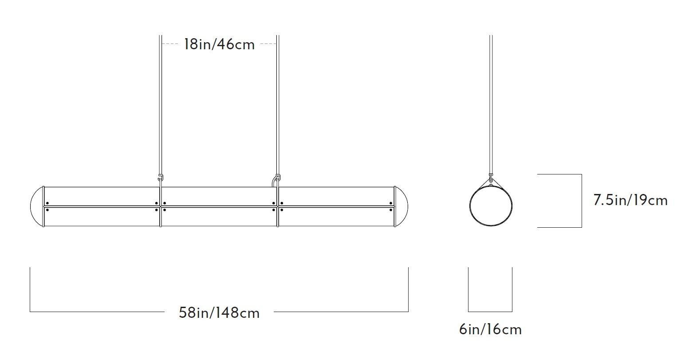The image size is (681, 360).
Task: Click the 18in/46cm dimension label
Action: tap(220, 44)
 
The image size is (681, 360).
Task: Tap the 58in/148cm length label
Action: tap(219, 313)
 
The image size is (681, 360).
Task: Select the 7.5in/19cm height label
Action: tap(630, 200)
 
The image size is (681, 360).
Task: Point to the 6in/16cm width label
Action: tap(490, 329)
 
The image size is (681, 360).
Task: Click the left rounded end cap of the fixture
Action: tap(36, 207)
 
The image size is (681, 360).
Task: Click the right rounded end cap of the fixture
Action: tap(402, 207)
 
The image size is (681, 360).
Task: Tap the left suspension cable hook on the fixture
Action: tap(161, 178)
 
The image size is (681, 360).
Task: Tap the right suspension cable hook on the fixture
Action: tap(276, 179)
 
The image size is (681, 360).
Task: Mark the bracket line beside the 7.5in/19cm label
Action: tap(581, 201)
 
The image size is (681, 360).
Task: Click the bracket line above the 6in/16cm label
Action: tap(490, 311)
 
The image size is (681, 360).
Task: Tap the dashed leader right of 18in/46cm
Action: tap(268, 44)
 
